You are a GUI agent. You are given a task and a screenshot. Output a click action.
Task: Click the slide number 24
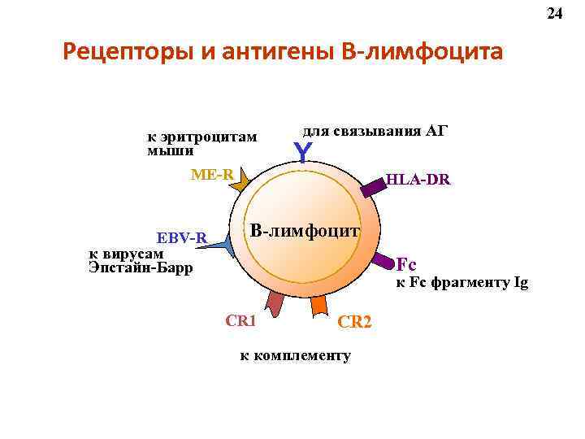[x=555, y=14]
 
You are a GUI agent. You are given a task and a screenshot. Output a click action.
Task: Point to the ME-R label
[x=212, y=174]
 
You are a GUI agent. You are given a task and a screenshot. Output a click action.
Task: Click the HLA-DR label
[x=418, y=180]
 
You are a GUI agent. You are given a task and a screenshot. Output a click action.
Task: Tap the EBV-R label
[x=183, y=238]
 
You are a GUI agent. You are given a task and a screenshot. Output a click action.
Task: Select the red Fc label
[x=406, y=263]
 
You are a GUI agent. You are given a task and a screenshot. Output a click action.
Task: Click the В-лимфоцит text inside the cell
[x=304, y=231]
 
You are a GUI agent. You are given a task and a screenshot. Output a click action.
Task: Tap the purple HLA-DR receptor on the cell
[x=373, y=189]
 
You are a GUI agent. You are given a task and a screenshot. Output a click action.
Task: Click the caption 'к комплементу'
[x=295, y=355]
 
